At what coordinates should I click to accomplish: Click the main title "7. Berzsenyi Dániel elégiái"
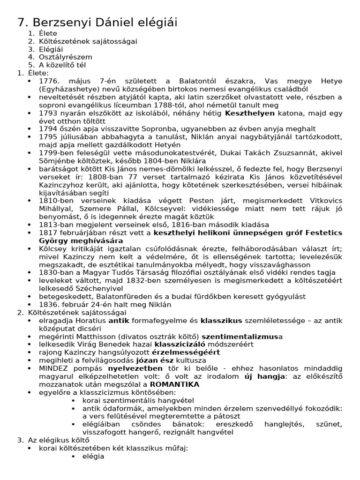[x=97, y=22]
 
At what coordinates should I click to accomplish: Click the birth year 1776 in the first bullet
[x=49, y=81]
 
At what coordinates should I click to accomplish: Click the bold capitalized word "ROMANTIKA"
[x=174, y=384]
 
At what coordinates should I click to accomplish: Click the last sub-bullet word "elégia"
[x=93, y=456]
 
